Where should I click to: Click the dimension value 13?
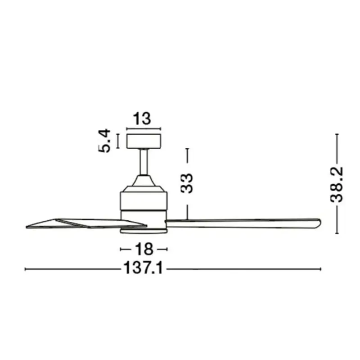point(142,118)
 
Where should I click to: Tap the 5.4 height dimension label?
point(104,141)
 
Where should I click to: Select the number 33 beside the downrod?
point(187,183)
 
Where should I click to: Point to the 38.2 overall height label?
point(337,185)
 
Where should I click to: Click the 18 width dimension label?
point(144,249)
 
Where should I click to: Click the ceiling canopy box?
point(144,141)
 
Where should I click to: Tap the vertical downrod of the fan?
point(144,162)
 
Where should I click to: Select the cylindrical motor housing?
point(144,201)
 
